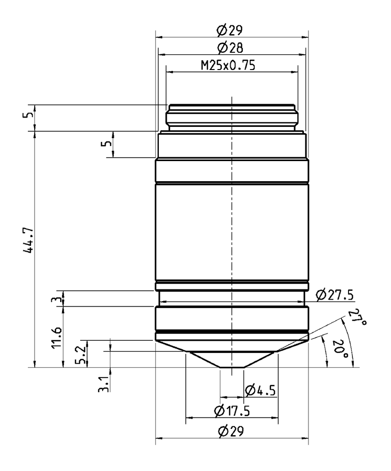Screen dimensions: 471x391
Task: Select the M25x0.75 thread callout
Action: click(228, 65)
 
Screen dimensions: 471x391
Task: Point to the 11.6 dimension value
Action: click(58, 337)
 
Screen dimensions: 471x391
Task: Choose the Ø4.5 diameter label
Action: click(260, 390)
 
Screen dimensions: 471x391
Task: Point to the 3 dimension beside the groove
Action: click(58, 299)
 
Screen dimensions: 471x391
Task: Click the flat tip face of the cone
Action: click(232, 367)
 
